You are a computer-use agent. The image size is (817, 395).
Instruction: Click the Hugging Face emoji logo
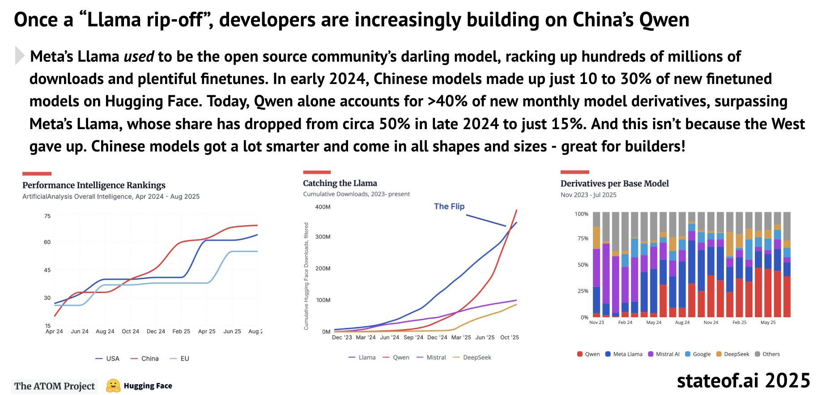tap(113, 386)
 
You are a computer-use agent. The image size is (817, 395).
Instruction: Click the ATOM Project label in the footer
tap(55, 386)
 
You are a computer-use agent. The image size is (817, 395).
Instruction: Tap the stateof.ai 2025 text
tap(743, 381)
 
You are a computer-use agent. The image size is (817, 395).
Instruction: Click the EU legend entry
tap(179, 358)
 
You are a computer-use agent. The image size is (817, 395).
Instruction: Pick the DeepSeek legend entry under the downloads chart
tap(472, 357)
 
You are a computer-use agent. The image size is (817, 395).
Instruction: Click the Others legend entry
tap(767, 354)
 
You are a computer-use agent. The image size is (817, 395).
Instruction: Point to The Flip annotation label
tap(449, 206)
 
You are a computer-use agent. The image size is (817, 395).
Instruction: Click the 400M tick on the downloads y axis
tap(323, 207)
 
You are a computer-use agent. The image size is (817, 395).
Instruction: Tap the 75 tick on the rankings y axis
tap(47, 216)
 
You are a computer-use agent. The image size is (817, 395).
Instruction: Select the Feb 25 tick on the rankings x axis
tap(181, 332)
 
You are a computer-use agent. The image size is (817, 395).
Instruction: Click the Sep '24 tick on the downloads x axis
tap(413, 337)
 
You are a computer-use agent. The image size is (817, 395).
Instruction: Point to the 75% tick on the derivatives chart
tap(583, 238)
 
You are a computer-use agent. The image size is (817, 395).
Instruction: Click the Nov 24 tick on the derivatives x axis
tap(711, 322)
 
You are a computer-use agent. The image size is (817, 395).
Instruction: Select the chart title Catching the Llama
tap(340, 183)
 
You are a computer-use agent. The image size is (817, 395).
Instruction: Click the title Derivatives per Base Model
tap(615, 184)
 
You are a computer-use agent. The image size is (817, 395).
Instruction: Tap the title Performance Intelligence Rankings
tap(94, 185)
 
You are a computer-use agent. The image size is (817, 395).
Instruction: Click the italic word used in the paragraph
tap(139, 57)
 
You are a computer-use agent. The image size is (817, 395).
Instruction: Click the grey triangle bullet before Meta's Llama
tap(19, 55)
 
